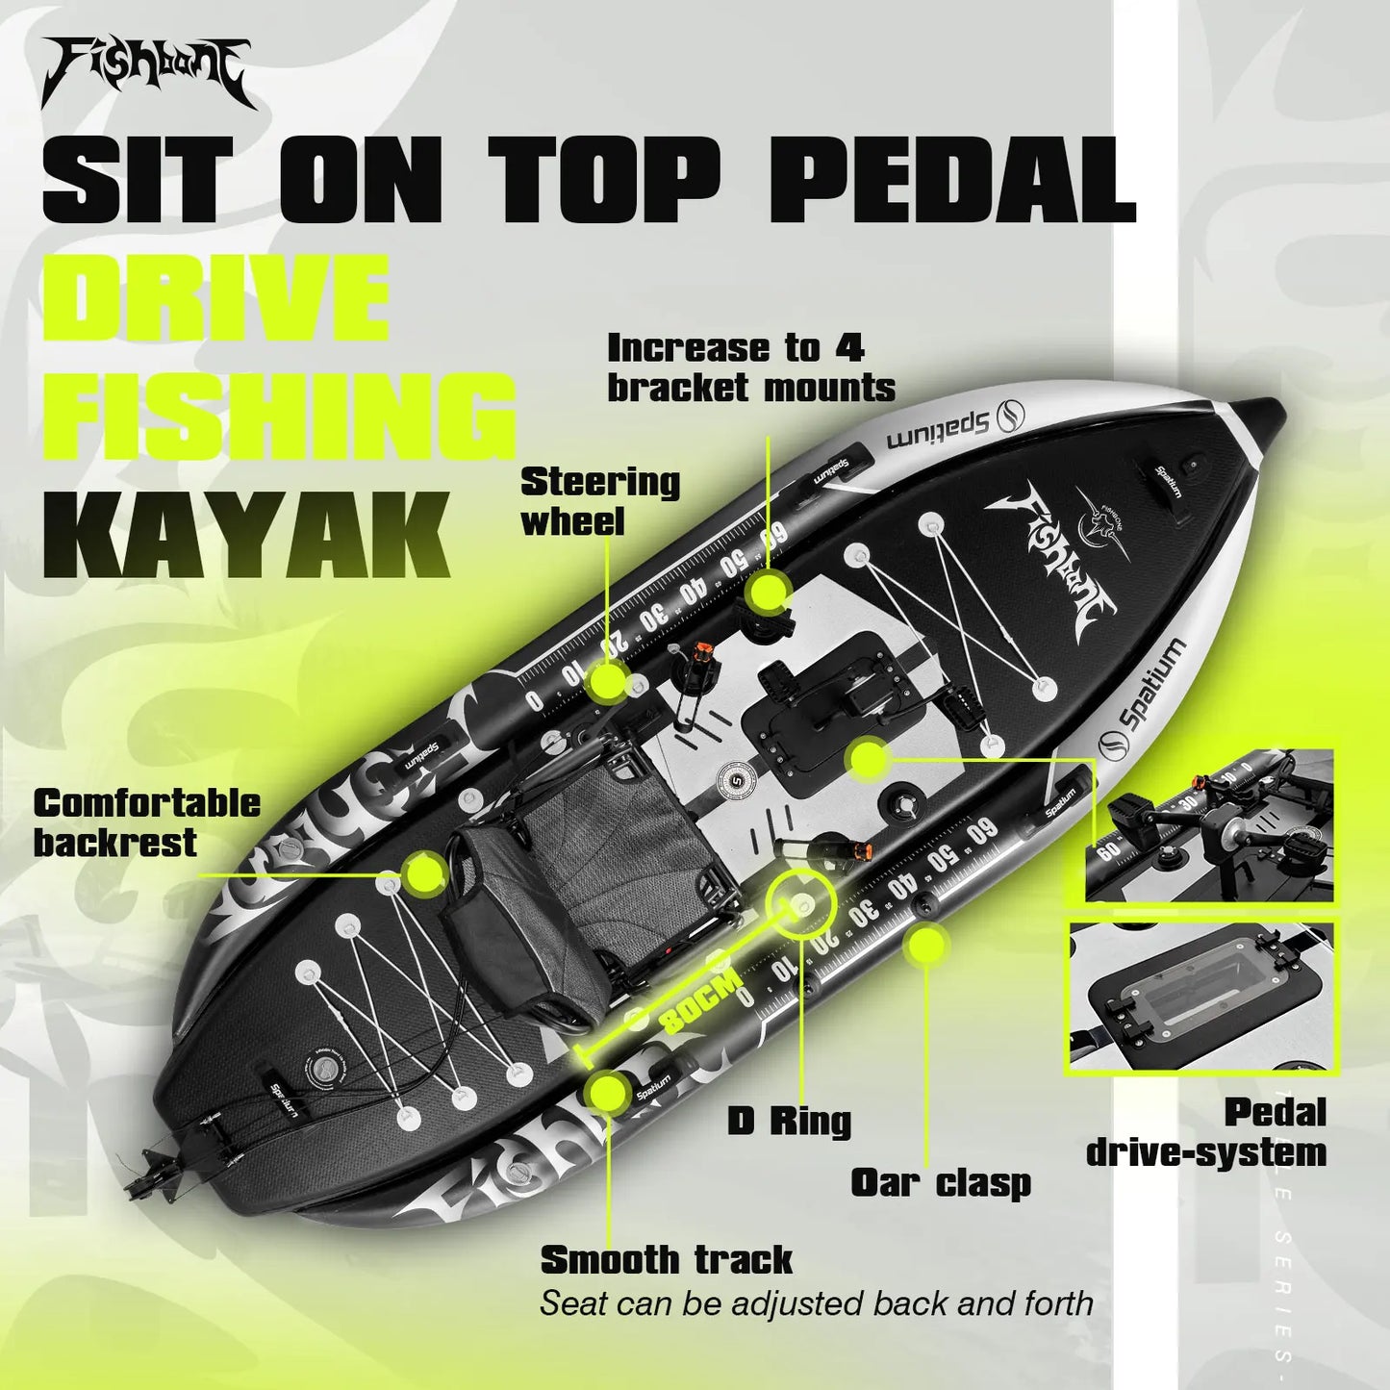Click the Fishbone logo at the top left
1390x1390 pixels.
click(146, 71)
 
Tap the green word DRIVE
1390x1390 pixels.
click(215, 298)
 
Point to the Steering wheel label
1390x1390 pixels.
click(599, 501)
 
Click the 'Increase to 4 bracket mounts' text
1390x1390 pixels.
click(750, 367)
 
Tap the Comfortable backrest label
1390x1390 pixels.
click(146, 822)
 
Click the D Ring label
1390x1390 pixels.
click(789, 1121)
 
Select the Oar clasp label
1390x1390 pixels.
click(940, 1183)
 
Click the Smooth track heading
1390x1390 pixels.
click(666, 1259)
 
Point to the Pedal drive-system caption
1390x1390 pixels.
click(1207, 1132)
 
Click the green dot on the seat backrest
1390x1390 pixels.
click(422, 873)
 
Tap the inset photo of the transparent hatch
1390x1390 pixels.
click(1202, 996)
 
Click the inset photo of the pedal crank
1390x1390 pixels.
click(1209, 825)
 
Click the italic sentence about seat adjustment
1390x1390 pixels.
click(816, 1303)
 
